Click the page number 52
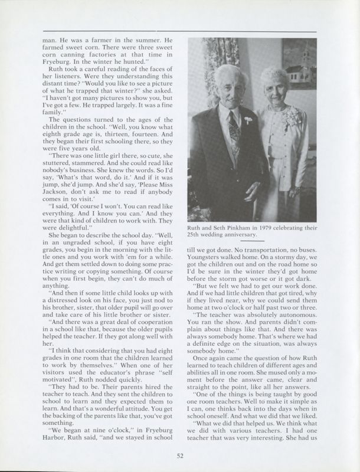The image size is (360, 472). click(x=180, y=454)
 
